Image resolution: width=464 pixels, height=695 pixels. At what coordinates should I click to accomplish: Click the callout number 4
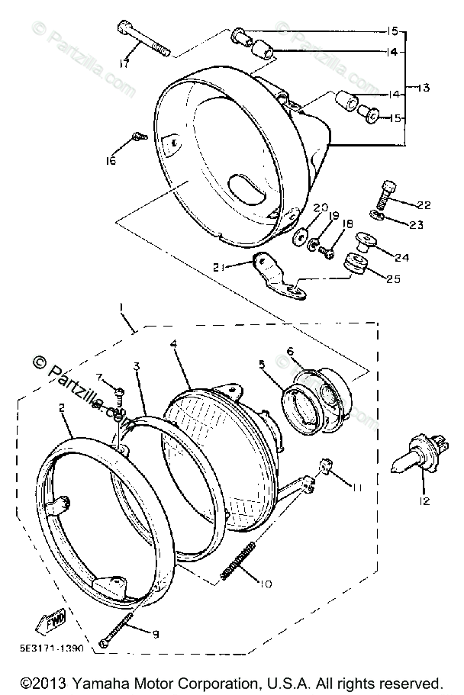click(x=175, y=344)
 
